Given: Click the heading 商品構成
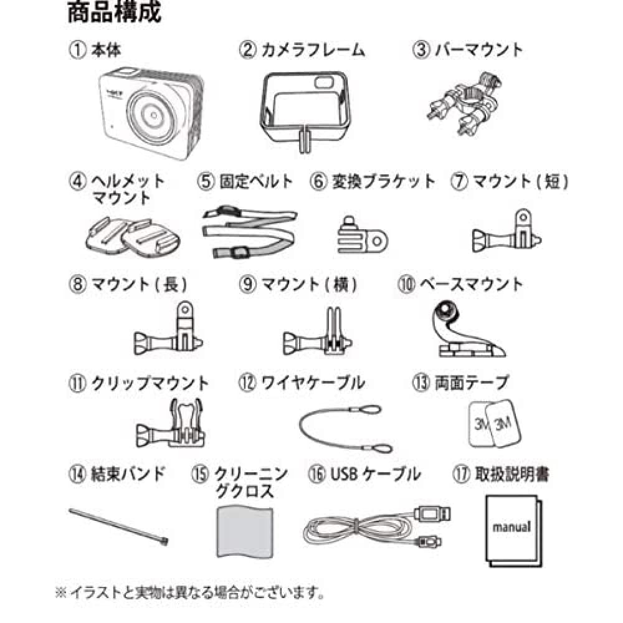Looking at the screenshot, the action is click(115, 12).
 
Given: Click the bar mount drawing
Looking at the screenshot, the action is click(464, 103).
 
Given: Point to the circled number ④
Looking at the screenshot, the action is click(78, 181).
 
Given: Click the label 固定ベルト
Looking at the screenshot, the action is click(256, 181).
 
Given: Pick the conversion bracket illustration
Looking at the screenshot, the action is click(363, 235).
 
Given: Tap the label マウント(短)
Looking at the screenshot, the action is click(520, 181).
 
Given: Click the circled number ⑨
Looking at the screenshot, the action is click(247, 285).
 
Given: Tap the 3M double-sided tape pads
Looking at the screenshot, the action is click(494, 424).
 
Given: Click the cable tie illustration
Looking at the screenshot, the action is click(118, 526).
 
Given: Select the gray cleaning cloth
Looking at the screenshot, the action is click(245, 531).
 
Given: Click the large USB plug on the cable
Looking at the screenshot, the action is click(432, 514).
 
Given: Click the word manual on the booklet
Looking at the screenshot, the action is click(511, 527).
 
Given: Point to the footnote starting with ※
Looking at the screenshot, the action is click(190, 593).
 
